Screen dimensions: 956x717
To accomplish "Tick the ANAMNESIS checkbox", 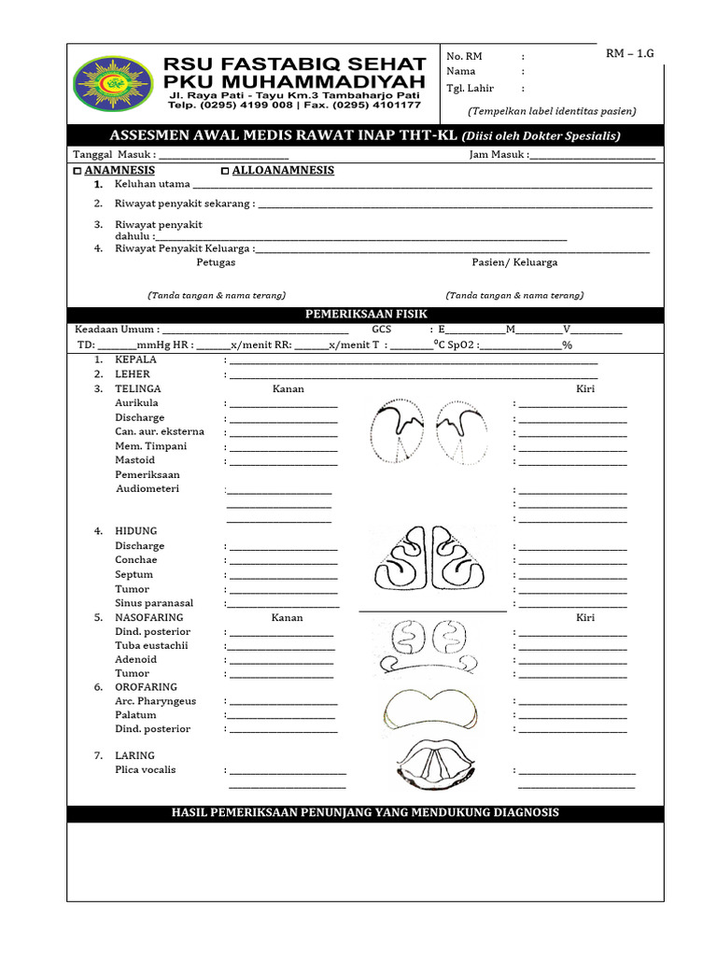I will [x=77, y=172].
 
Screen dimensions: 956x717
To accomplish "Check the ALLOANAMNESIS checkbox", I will [x=224, y=172].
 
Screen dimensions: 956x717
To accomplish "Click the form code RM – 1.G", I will [x=630, y=53].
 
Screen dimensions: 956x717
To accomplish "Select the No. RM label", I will [x=464, y=57].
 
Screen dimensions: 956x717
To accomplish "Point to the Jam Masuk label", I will [x=498, y=155].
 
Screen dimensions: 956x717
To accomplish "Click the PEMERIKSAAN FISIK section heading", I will [x=365, y=315].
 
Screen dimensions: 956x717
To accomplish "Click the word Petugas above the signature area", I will [x=216, y=262].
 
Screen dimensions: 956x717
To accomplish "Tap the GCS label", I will [x=382, y=330].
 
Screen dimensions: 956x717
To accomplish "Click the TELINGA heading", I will [x=137, y=388].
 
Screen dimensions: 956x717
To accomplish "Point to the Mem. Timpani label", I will [x=150, y=446].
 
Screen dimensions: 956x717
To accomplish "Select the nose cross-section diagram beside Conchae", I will [x=432, y=565].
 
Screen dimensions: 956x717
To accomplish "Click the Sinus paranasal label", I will [x=154, y=603].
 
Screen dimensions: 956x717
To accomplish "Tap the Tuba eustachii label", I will [x=151, y=645].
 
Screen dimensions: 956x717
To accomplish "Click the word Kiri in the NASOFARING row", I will [x=585, y=618].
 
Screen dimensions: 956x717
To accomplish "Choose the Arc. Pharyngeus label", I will [x=155, y=700].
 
